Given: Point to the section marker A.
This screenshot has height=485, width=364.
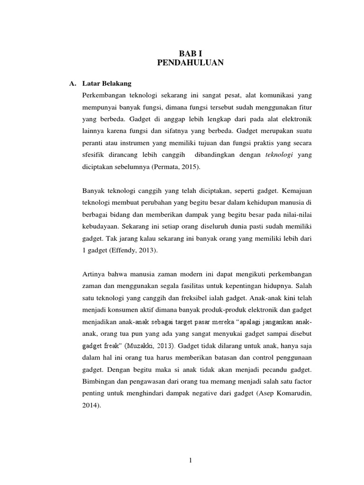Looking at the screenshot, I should [x=73, y=84].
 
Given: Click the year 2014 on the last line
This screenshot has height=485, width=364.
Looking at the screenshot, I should [x=90, y=392].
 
